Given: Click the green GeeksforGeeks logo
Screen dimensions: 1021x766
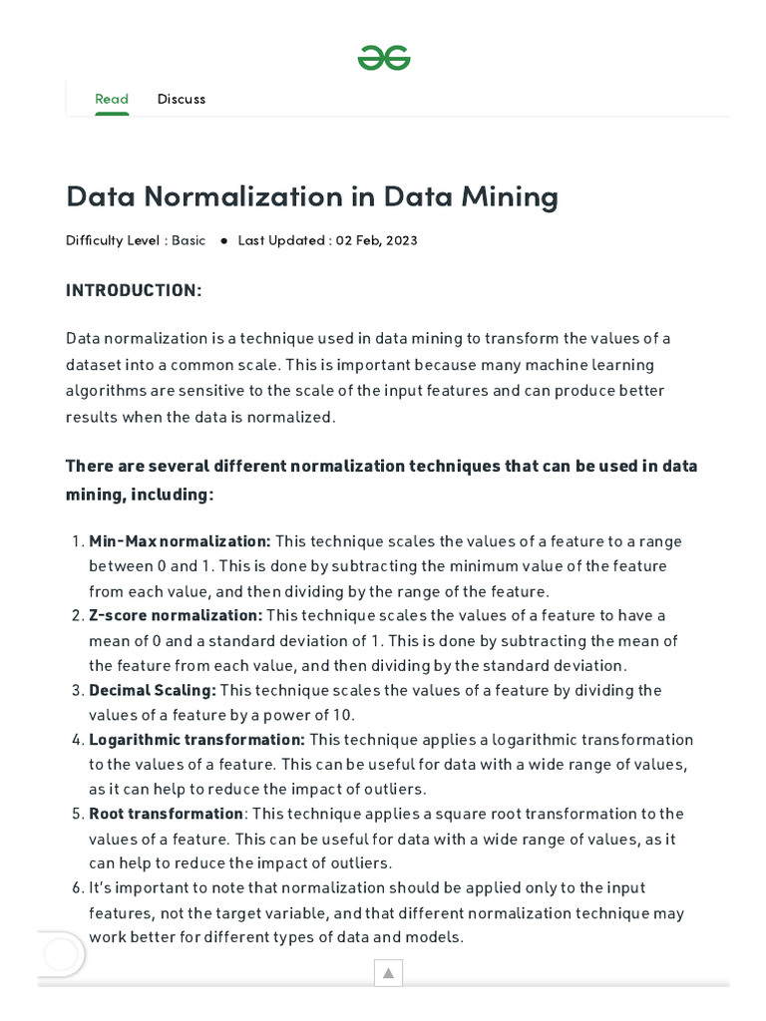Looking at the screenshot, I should tap(384, 59).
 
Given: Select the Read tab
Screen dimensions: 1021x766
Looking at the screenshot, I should tap(112, 99).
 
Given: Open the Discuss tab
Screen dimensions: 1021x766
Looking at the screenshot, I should tap(182, 99).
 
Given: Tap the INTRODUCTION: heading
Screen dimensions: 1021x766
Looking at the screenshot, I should tap(134, 290).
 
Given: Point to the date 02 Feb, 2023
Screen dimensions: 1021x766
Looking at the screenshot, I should tap(376, 240).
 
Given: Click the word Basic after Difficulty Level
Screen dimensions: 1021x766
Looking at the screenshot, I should tap(189, 240).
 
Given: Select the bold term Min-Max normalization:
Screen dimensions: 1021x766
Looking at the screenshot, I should tap(180, 541).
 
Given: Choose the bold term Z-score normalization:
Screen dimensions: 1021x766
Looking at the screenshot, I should tap(176, 616).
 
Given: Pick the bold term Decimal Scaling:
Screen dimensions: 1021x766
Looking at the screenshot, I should tap(152, 690).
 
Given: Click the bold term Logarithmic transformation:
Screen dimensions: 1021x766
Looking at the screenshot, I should tap(196, 740).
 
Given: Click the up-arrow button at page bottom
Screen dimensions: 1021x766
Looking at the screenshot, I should tap(388, 973).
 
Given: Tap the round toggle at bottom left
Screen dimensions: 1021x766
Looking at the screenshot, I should tap(60, 955).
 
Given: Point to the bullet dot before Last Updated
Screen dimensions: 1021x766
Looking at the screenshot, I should tap(223, 241).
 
